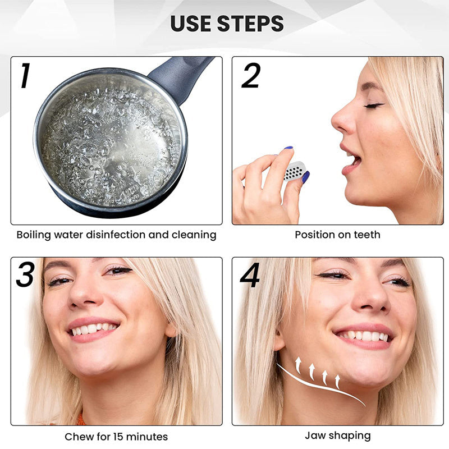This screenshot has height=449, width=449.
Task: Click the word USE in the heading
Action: point(191,24)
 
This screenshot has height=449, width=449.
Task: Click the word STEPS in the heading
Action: point(250,24)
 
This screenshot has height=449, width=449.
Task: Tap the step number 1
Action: point(25,75)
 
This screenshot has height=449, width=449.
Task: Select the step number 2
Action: point(251,75)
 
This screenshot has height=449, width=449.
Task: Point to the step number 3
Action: point(25,274)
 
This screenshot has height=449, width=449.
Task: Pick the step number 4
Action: point(250,275)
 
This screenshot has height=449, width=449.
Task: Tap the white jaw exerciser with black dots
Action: point(294,171)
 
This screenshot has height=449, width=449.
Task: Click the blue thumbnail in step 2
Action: point(306,177)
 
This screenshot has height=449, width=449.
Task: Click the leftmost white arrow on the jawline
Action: point(299,365)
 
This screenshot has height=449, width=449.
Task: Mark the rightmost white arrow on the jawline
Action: point(338,382)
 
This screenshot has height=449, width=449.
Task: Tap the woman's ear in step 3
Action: point(171,330)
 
